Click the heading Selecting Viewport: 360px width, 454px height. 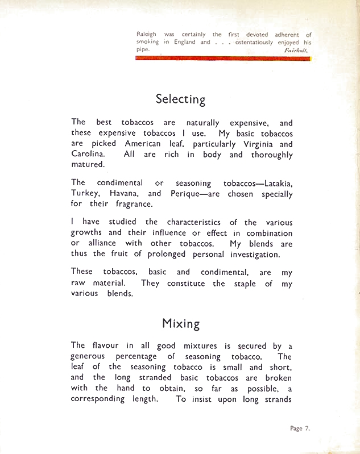180,99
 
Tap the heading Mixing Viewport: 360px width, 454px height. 180,324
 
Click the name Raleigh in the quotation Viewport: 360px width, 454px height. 146,35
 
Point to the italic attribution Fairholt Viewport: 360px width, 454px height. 297,50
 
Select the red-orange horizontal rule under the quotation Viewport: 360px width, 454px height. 223,58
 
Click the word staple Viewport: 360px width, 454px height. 246,284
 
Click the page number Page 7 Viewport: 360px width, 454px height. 300,428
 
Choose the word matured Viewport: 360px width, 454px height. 88,165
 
